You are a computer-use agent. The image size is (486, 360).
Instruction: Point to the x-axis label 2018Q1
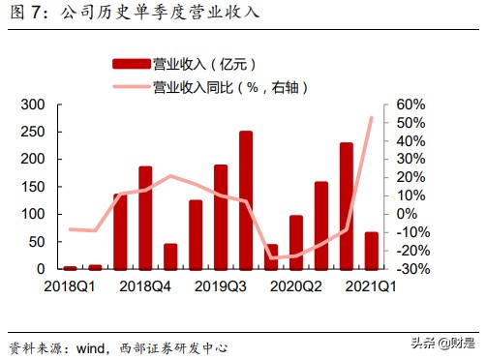coord(69,285)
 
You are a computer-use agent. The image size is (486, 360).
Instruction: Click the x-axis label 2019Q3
coord(221,285)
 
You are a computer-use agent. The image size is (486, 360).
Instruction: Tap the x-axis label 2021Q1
coord(371,285)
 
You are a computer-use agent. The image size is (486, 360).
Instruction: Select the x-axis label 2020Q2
coord(296,285)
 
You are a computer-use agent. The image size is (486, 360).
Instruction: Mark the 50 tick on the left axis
coord(38,242)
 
